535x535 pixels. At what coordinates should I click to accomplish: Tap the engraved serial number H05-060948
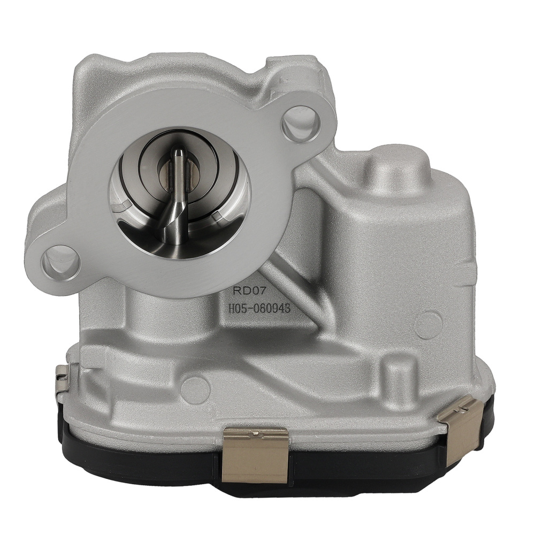[x=261, y=309]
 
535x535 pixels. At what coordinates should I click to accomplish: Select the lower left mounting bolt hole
[x=60, y=262]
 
